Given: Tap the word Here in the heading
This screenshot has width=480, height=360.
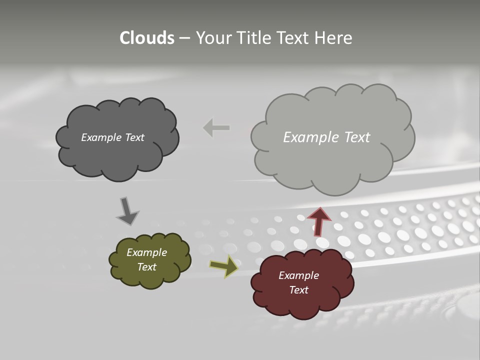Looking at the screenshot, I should point(333,38).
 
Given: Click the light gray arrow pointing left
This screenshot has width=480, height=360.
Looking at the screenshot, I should point(216,128).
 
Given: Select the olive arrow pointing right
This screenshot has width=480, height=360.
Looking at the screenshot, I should point(223,266).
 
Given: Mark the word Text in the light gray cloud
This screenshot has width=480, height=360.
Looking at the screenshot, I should point(357,137).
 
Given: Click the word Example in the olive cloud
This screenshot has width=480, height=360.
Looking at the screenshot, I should point(146,252).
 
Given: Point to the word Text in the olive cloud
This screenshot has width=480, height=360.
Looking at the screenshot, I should point(146,267).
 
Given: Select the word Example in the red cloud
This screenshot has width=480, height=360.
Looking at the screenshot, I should point(298,275).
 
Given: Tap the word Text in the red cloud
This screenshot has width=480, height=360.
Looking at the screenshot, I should point(298,290).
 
